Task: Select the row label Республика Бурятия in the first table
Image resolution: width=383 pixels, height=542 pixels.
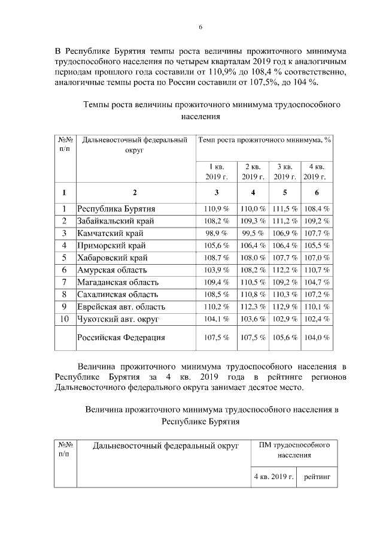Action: point(116,209)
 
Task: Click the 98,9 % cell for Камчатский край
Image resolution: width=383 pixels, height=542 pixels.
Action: point(217,233)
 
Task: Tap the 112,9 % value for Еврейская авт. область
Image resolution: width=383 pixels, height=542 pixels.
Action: point(285,307)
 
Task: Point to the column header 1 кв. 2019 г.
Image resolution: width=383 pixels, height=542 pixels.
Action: point(217,171)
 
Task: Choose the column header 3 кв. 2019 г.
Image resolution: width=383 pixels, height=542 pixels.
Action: point(285,171)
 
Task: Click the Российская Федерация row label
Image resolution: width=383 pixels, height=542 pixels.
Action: point(121,337)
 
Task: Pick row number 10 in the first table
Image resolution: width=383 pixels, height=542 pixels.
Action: point(64,319)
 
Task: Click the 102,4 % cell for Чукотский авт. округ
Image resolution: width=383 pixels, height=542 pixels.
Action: point(317,319)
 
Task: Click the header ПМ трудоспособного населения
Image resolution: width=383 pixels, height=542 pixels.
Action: point(294,450)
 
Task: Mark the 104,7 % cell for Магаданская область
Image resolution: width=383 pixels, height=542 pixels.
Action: point(317,282)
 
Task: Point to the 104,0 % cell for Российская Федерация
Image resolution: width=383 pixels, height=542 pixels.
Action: point(317,338)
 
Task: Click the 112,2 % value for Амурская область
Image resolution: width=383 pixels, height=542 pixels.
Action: point(285,270)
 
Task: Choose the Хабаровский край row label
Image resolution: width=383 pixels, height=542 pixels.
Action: point(112,258)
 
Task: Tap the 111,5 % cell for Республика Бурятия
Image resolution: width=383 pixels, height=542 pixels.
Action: point(285,209)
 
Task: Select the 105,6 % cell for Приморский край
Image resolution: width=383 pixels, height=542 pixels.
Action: point(217,246)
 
